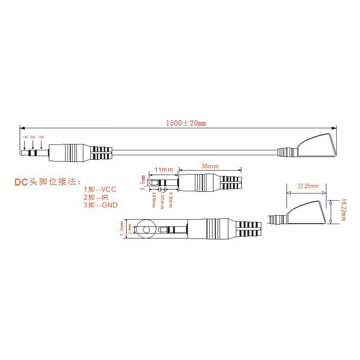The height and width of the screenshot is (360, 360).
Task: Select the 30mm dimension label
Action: point(210,166)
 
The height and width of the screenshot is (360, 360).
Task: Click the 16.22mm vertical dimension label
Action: point(343,210)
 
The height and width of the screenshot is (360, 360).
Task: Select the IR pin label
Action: point(103,197)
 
